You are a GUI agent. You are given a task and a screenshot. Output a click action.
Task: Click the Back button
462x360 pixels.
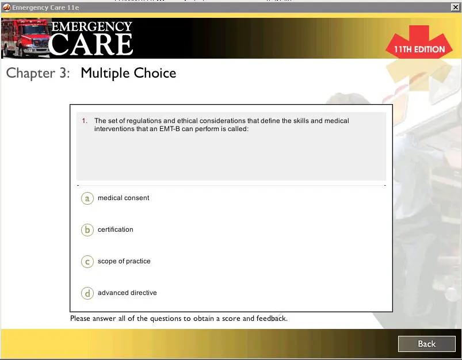tap(427, 344)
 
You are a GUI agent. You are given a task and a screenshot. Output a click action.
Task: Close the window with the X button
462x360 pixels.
tap(455, 7)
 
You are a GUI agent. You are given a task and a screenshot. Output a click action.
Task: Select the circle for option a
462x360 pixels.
tap(87, 198)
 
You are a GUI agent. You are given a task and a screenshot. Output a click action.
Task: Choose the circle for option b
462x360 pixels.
tap(87, 230)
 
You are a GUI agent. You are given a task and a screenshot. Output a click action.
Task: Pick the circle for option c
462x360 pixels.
tap(87, 262)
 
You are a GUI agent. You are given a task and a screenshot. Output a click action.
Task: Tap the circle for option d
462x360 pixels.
tap(87, 293)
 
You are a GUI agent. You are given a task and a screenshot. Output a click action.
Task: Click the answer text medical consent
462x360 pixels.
tap(124, 198)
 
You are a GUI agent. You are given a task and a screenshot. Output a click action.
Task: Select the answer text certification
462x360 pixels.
tap(116, 229)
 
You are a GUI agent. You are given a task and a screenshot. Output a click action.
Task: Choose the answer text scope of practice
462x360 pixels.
tap(124, 261)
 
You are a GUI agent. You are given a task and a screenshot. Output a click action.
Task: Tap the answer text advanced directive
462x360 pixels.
tap(127, 293)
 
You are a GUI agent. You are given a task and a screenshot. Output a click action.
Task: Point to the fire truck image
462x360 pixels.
tap(26, 38)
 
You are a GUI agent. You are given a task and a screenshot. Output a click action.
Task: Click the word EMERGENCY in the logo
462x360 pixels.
tap(91, 26)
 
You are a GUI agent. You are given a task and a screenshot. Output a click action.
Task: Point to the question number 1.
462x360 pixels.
tap(85, 121)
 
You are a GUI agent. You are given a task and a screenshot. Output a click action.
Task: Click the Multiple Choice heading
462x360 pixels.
tap(128, 73)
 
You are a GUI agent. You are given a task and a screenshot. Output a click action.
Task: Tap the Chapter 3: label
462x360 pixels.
tap(38, 73)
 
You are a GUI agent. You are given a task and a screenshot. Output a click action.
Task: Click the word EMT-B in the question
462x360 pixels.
tap(170, 129)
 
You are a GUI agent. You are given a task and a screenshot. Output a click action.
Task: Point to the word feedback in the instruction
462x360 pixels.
tap(272, 319)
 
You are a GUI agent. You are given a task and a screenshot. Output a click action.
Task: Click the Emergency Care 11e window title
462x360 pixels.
tap(45, 7)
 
